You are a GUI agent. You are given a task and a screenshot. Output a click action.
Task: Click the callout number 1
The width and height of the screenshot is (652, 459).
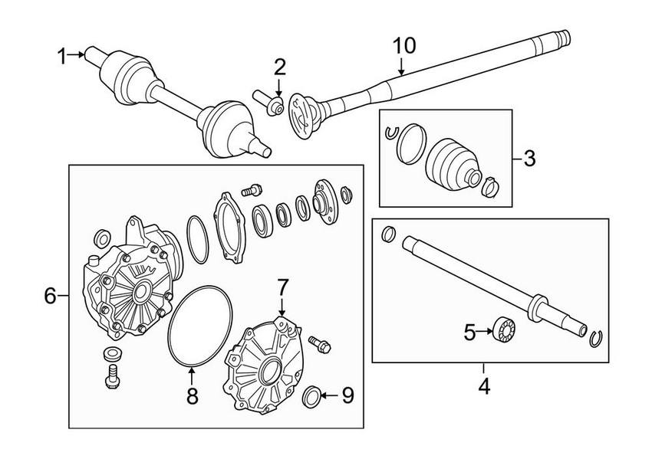tap(62, 54)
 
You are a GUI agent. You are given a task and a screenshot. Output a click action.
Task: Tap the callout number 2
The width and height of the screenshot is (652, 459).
tap(279, 66)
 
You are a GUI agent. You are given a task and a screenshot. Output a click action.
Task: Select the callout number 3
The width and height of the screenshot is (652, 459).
tap(529, 159)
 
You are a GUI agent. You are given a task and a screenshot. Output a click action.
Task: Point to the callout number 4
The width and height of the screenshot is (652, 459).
tap(483, 387)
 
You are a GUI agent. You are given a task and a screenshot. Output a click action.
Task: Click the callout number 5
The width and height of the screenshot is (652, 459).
tap(470, 332)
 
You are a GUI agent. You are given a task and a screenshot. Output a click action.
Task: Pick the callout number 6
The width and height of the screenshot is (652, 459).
tap(51, 295)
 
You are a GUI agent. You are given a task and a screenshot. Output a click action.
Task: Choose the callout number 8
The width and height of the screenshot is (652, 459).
tap(192, 395)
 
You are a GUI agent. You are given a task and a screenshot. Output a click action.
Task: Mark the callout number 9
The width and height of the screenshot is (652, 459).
tap(347, 395)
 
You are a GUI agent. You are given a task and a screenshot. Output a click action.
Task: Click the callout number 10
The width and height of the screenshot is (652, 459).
tap(404, 45)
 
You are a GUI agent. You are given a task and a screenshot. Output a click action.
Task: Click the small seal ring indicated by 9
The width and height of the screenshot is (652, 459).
tap(313, 396)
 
